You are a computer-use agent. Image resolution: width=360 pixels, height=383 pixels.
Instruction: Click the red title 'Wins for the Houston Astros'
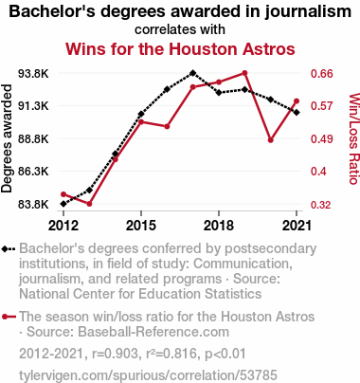(180, 49)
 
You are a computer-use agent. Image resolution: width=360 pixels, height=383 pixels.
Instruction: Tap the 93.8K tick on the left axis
(33, 74)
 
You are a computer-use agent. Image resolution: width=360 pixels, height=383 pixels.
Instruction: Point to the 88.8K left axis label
(33, 138)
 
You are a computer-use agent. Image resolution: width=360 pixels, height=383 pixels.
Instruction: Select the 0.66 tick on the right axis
(322, 74)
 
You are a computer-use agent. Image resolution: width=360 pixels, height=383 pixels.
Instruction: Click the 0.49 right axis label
(322, 138)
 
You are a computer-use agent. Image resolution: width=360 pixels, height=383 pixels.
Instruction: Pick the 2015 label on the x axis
(141, 226)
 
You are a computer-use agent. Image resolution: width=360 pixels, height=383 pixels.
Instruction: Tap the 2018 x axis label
(219, 226)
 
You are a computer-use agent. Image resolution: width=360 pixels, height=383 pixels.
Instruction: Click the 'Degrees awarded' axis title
(7, 138)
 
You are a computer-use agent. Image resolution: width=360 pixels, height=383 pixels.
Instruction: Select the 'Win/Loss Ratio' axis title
(354, 138)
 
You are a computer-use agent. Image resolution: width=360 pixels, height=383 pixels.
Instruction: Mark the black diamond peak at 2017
(193, 73)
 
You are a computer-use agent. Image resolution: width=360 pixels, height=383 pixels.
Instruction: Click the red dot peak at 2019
(244, 73)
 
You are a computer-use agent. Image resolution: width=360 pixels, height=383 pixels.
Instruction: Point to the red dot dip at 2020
(271, 140)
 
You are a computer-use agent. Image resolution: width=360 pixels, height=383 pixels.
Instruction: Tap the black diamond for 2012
(63, 204)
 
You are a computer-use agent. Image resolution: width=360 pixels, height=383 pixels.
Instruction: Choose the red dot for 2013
(89, 204)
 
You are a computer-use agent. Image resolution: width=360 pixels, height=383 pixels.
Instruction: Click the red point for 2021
(297, 101)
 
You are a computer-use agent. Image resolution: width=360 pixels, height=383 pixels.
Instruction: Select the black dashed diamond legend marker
(9, 249)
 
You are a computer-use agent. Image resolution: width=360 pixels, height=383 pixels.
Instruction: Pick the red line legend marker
(9, 317)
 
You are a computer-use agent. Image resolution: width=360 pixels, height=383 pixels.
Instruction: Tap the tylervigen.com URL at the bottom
(148, 375)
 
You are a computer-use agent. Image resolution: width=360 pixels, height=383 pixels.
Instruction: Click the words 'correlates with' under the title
(180, 29)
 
